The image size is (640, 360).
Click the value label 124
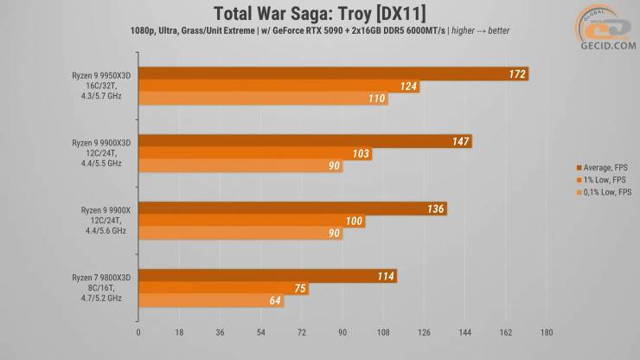[409, 87]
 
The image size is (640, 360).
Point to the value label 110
[376, 100]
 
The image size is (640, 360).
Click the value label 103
[362, 153]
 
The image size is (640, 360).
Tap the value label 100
[354, 222]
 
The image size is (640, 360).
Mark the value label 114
[386, 276]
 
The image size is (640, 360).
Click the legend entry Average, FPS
[606, 167]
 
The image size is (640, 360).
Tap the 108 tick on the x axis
[383, 331]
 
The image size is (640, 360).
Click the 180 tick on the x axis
[546, 331]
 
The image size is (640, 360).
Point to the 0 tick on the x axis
[138, 331]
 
